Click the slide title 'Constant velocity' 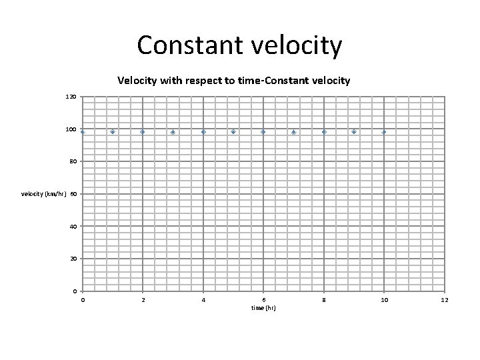coord(239,45)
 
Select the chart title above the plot coord(233,81)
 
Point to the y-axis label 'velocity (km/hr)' coord(44,194)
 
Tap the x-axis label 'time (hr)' coord(263,308)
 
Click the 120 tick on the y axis coord(71,97)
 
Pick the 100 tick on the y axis coord(71,129)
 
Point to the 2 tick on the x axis coord(143,300)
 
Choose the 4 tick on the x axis coord(203,300)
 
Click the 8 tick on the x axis coord(324,300)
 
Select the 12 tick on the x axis coord(445,300)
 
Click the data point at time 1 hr coord(113,132)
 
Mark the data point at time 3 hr coord(173,132)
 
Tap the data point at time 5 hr coord(233,132)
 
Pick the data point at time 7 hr coord(293,132)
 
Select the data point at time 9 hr coord(354,132)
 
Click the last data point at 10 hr coord(384,132)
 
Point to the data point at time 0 coord(83,132)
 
